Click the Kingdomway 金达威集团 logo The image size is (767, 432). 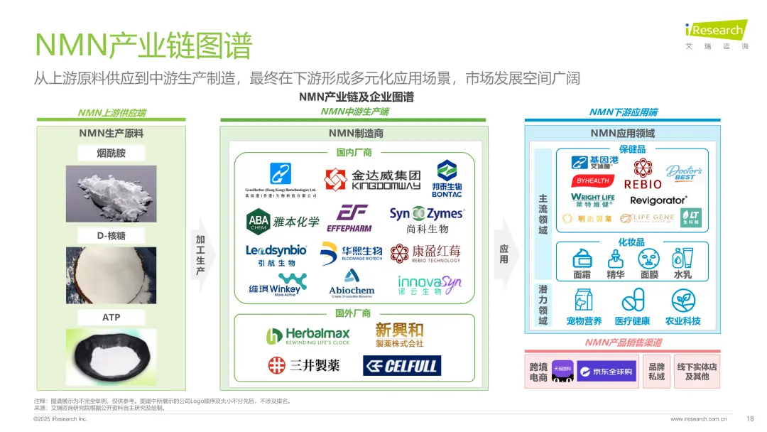click(x=372, y=179)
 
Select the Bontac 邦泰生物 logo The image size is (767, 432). click(x=447, y=179)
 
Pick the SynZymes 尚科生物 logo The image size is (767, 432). click(x=427, y=220)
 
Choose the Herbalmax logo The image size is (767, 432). click(x=308, y=336)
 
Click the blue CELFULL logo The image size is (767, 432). click(x=402, y=366)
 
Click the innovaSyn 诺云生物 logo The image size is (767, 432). click(x=429, y=285)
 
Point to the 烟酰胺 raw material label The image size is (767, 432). click(x=111, y=153)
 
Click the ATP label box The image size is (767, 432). click(x=111, y=317)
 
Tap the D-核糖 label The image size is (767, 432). click(x=111, y=235)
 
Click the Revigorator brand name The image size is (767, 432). click(x=658, y=200)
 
